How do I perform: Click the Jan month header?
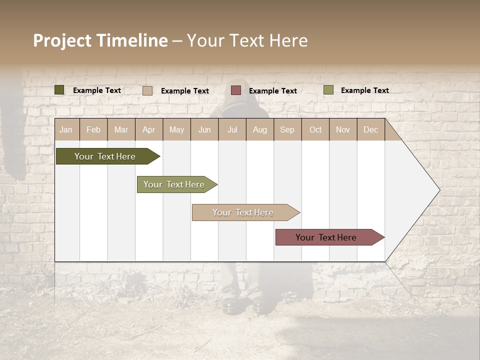click(66, 129)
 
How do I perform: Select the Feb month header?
click(93, 129)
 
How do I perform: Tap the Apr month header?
click(148, 129)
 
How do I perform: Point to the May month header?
click(176, 129)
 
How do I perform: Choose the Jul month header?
click(232, 129)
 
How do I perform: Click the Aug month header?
click(259, 129)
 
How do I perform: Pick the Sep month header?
click(287, 129)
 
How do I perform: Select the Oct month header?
click(315, 129)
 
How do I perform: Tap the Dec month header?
click(370, 129)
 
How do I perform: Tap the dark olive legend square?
click(59, 90)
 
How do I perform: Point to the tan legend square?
click(147, 90)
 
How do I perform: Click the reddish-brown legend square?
click(236, 90)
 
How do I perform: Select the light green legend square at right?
click(328, 90)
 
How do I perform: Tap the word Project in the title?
click(62, 40)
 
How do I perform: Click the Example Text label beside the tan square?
click(185, 91)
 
